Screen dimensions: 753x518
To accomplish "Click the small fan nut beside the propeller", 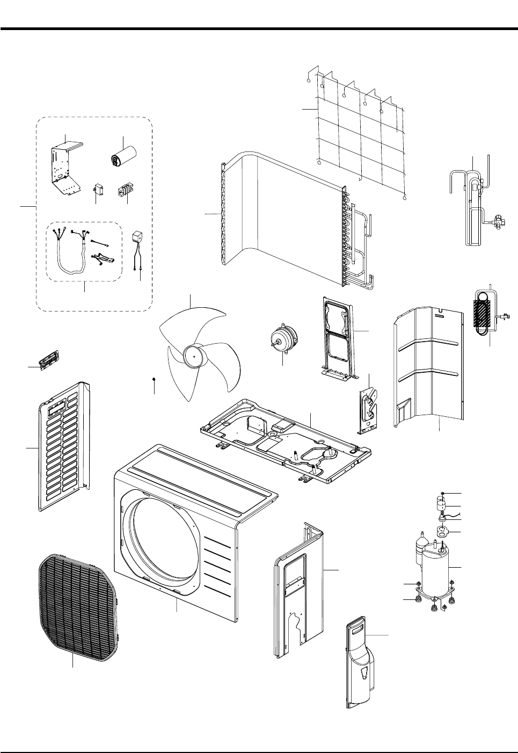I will click(154, 379).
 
